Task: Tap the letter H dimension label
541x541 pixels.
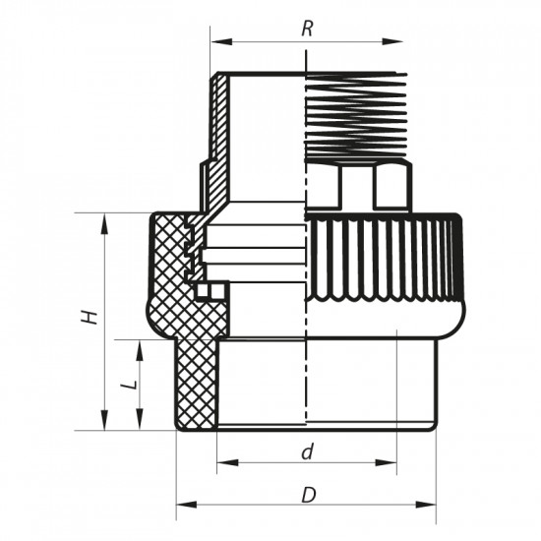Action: tap(90, 318)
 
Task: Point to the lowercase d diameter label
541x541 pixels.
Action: tap(307, 452)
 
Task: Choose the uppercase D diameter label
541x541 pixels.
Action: tap(307, 494)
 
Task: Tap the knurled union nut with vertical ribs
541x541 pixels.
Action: tap(384, 261)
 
